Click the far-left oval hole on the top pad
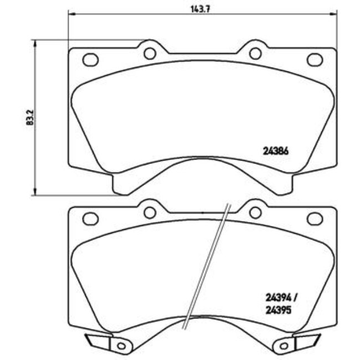[90, 59]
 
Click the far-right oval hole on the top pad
[315, 59]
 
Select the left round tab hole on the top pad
[150, 53]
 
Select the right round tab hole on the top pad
[255, 53]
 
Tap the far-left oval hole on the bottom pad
[90, 219]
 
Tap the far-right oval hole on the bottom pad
[315, 219]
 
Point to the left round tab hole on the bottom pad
[150, 212]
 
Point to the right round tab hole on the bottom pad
[255, 212]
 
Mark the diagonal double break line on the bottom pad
[208, 266]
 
